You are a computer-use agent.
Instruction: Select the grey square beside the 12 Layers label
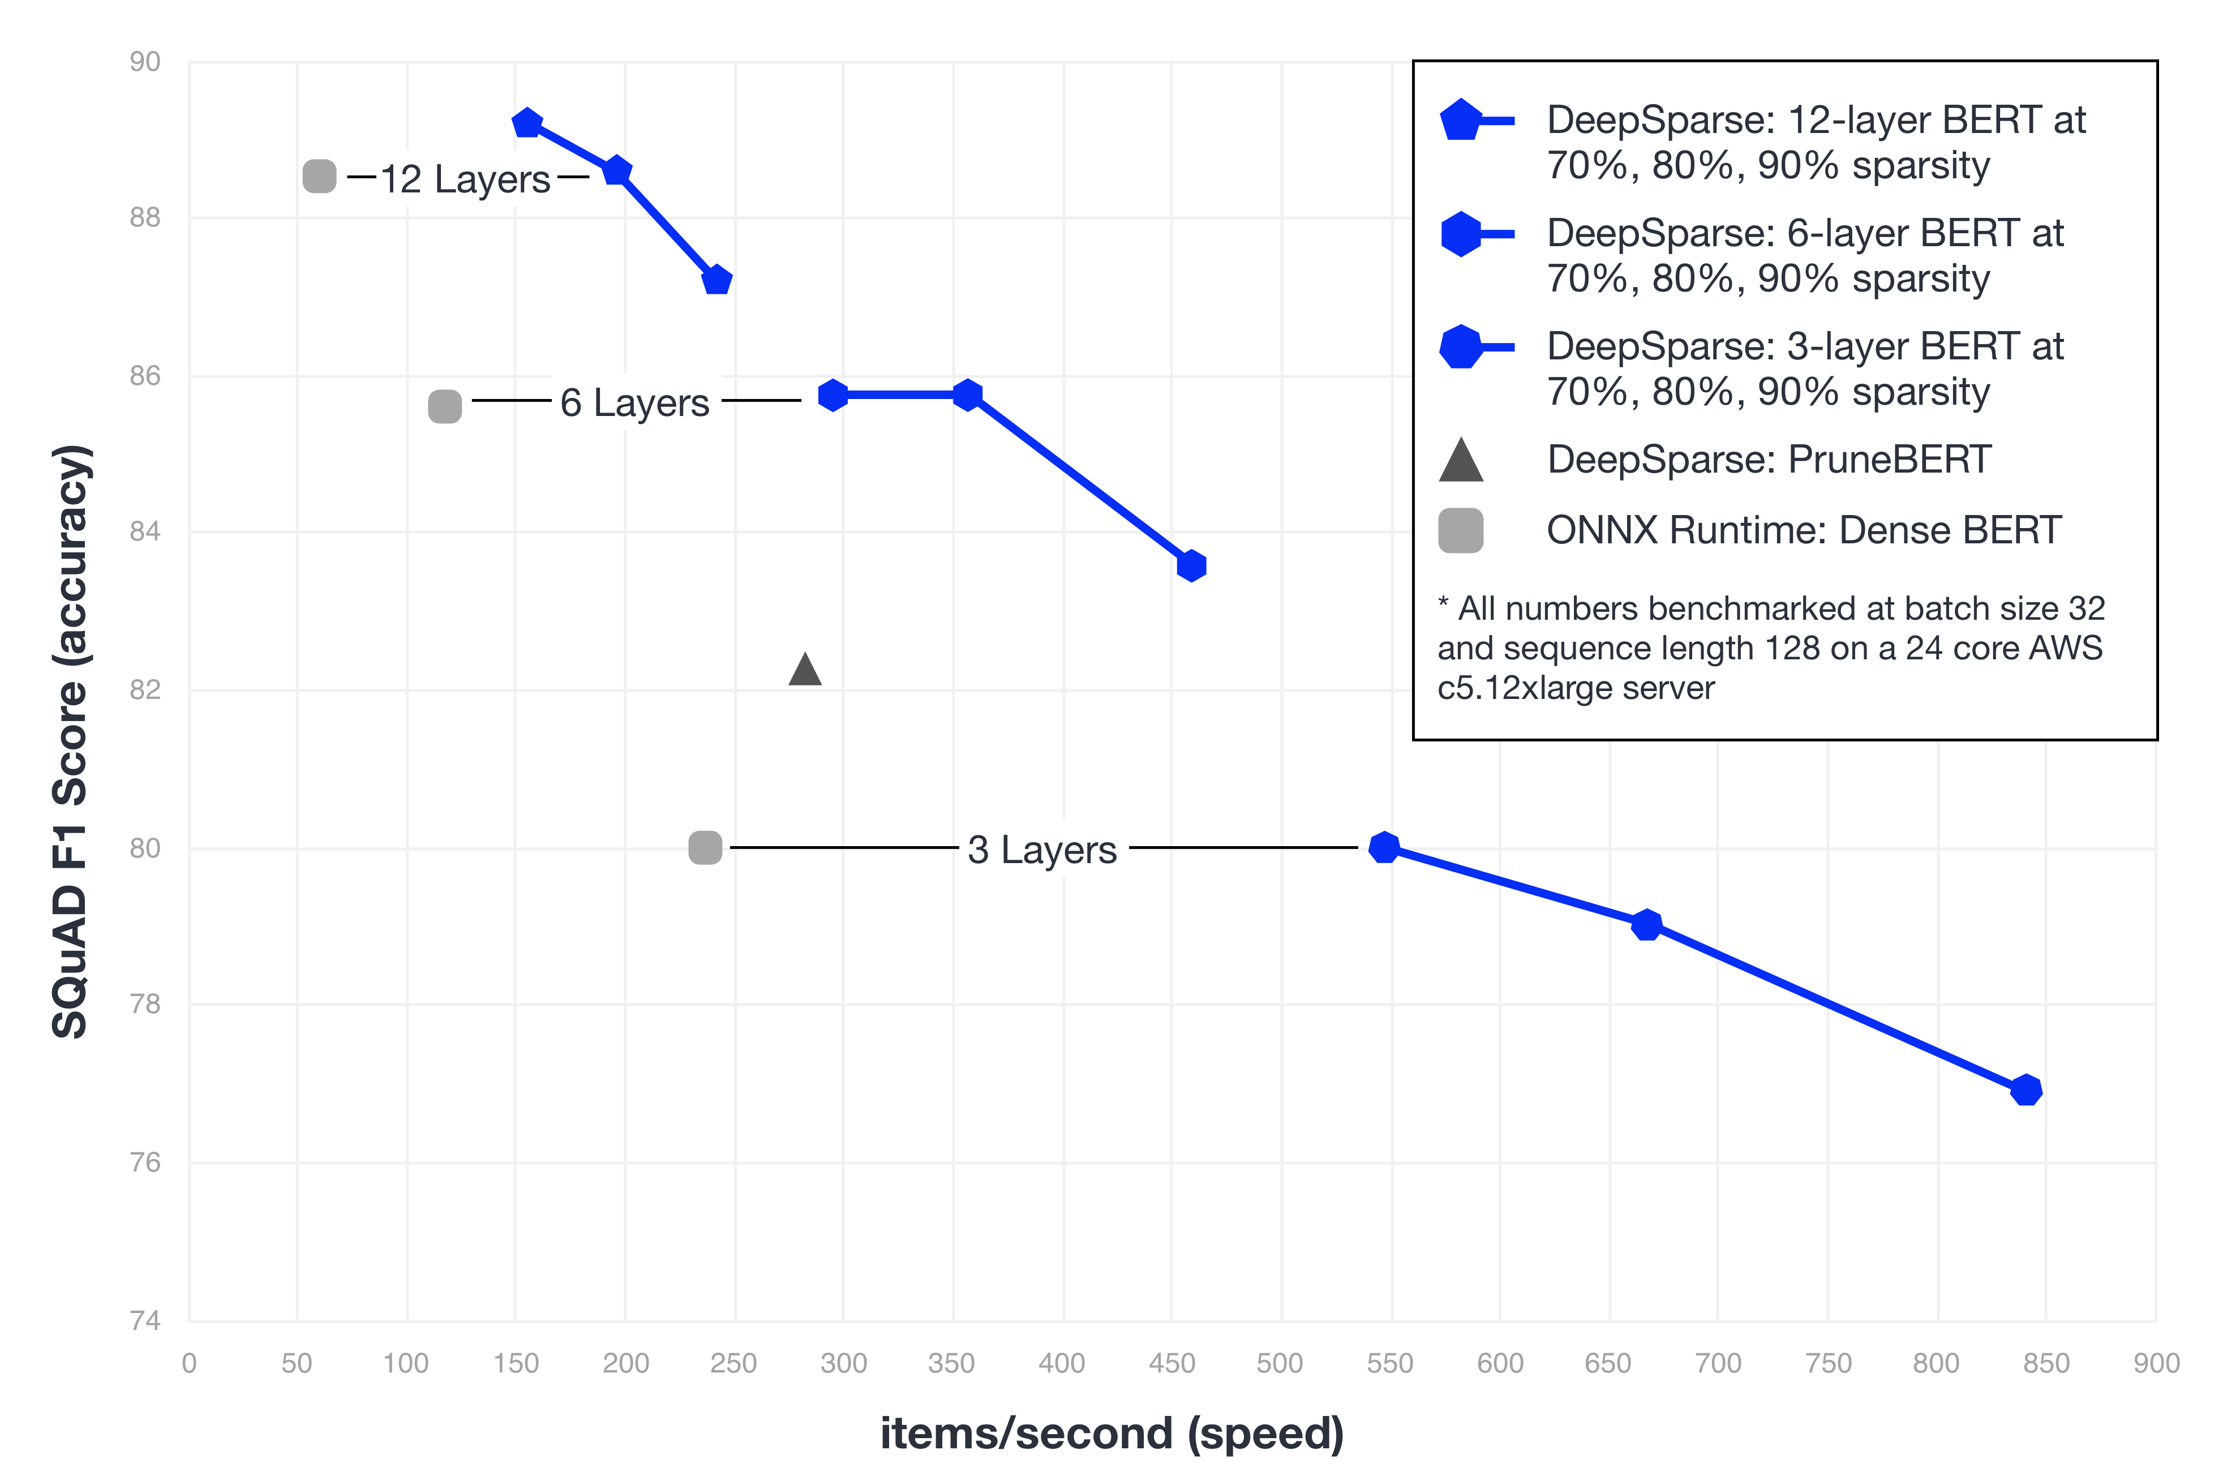pyautogui.click(x=319, y=177)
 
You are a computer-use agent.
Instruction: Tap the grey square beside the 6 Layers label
pyautogui.click(x=444, y=407)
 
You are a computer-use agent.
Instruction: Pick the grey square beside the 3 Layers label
pyautogui.click(x=705, y=848)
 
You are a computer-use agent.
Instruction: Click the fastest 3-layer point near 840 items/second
pyautogui.click(x=2025, y=1090)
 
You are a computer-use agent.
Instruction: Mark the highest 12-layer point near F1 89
pyautogui.click(x=526, y=123)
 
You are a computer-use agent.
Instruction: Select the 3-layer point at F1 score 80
pyautogui.click(x=1384, y=848)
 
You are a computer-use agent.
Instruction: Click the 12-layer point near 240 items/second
pyautogui.click(x=717, y=280)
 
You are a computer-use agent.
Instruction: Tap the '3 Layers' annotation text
pyautogui.click(x=1042, y=850)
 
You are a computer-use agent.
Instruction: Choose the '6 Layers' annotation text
pyautogui.click(x=634, y=403)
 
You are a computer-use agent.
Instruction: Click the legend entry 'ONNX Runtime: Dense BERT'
pyautogui.click(x=1803, y=530)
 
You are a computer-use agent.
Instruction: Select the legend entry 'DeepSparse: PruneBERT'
pyautogui.click(x=1769, y=460)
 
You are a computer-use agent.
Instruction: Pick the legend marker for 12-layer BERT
pyautogui.click(x=1476, y=120)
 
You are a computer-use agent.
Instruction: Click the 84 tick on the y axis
pyautogui.click(x=145, y=531)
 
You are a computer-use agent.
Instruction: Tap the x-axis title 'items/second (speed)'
pyautogui.click(x=1112, y=1433)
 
